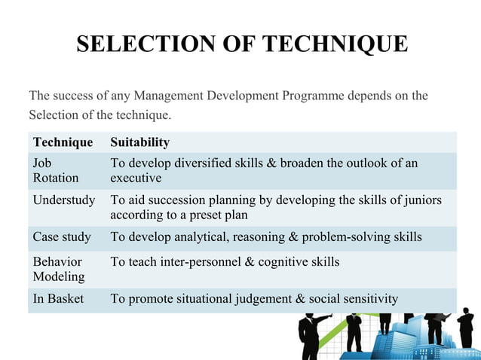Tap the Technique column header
point(63,142)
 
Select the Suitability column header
point(139,142)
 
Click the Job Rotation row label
point(55,171)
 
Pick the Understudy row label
point(64,200)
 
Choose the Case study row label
point(62,237)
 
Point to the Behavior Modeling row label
point(58,270)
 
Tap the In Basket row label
point(58,299)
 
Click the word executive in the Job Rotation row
point(136,178)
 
